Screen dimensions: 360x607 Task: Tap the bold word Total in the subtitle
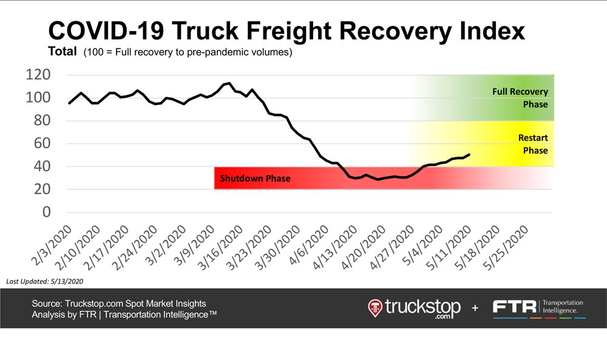tap(63, 53)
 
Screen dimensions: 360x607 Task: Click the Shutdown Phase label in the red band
tap(255, 178)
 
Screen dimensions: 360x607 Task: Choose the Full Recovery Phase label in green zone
tap(520, 98)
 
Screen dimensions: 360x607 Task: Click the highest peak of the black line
tap(229, 83)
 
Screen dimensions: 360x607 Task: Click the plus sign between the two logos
tap(475, 308)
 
